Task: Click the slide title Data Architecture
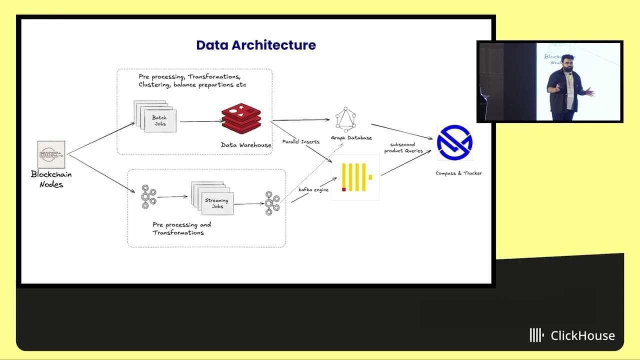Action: (x=255, y=45)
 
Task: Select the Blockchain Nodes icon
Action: (x=51, y=154)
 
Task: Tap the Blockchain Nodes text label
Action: (x=51, y=179)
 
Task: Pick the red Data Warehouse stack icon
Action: (x=241, y=119)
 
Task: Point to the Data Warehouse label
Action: (x=246, y=145)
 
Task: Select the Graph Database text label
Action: (x=351, y=138)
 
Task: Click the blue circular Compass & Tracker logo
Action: (x=454, y=143)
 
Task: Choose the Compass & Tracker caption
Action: (x=458, y=173)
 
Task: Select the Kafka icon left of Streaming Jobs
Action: (x=148, y=196)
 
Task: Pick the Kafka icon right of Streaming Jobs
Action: (x=272, y=203)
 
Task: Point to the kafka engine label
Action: (x=313, y=190)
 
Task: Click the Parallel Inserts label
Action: (x=300, y=142)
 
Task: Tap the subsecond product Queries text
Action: (x=403, y=147)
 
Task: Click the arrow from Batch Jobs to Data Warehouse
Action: (x=200, y=121)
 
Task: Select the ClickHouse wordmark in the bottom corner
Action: (x=573, y=335)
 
